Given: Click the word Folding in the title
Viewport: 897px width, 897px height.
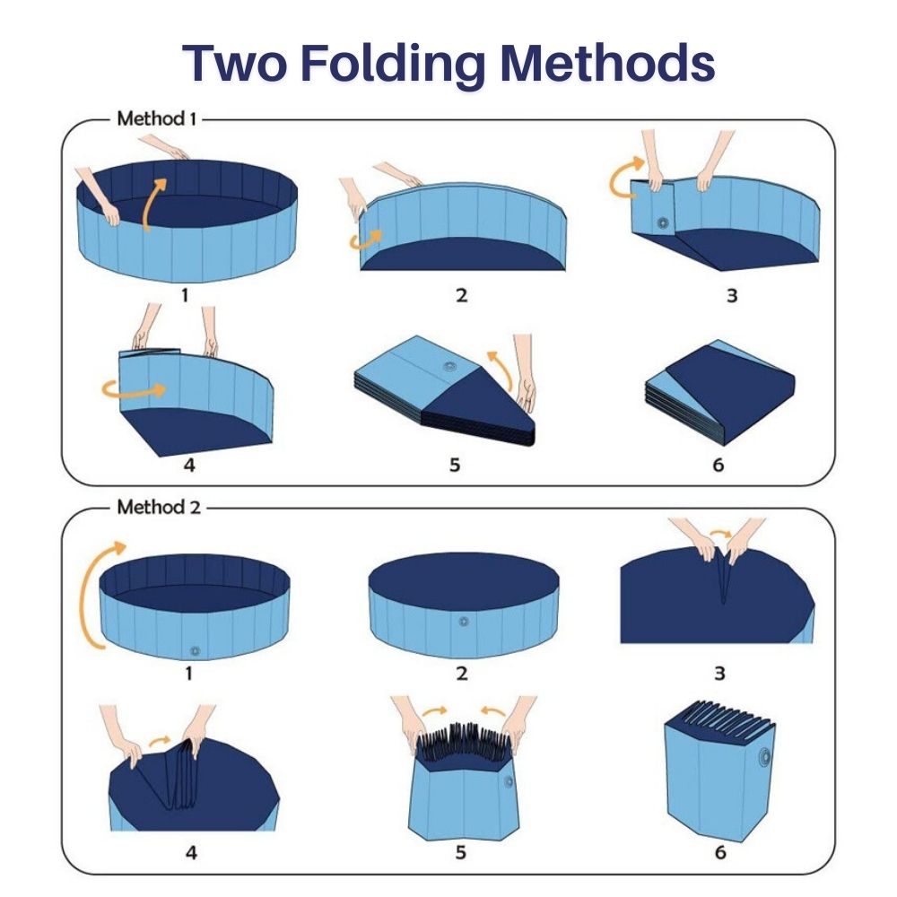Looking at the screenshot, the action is coord(393,64).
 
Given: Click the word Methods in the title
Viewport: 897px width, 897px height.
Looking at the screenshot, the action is coord(607,63).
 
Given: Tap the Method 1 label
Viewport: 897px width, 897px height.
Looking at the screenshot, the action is coord(156,118).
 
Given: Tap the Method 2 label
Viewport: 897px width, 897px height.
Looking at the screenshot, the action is coord(159,507).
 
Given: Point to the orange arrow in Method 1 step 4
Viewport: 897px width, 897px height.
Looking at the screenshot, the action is coord(135,389).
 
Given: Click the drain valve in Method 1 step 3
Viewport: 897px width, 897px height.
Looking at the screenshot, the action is coord(663,222).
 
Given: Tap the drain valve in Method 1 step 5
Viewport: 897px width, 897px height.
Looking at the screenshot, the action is coord(448,366).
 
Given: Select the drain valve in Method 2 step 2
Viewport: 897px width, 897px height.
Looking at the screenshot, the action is coord(464,622).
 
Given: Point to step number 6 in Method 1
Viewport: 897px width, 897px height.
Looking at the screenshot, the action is coord(718,465).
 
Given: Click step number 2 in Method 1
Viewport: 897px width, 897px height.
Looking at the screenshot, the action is coord(461,295).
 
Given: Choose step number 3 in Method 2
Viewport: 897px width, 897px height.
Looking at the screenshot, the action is coord(719,673).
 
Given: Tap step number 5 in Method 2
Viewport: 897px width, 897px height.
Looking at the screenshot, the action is coord(460,852).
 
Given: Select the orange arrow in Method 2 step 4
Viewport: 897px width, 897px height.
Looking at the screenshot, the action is coord(159,742).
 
